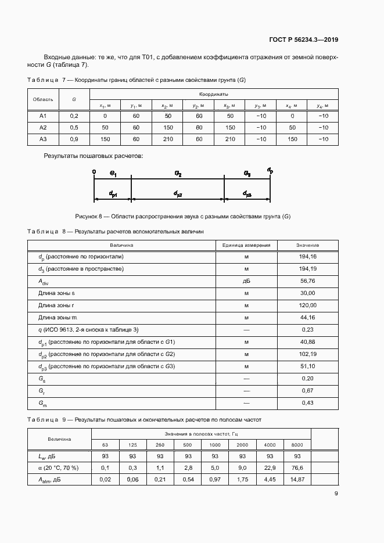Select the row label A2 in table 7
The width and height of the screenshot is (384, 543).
[x=42, y=127]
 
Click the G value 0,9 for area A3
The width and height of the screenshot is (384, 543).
[x=74, y=139]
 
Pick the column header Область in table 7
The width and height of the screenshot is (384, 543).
[x=42, y=99]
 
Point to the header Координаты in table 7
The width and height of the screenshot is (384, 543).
[x=213, y=94]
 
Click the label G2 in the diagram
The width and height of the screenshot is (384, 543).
[x=178, y=174]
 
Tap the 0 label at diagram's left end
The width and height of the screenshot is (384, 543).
[x=94, y=172]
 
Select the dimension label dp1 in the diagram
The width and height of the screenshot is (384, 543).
[x=113, y=194]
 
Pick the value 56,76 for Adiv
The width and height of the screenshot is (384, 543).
[x=307, y=281]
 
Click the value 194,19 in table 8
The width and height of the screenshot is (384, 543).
[x=307, y=269]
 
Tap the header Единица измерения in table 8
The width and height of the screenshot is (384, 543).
[x=246, y=245]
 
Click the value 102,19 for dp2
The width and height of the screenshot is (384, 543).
[x=307, y=354]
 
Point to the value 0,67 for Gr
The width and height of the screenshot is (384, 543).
[x=307, y=391]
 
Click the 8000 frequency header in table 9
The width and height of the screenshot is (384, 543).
[x=297, y=444]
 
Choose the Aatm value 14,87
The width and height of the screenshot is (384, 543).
[x=297, y=479]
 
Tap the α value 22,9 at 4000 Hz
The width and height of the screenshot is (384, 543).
[x=270, y=468]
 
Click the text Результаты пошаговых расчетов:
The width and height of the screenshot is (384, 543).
[x=93, y=156]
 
